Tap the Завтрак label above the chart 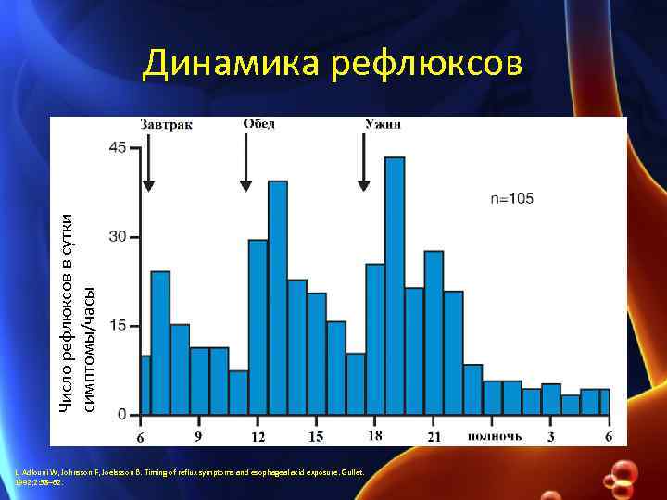pyautogui.click(x=167, y=125)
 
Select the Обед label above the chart pyautogui.click(x=259, y=124)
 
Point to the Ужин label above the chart pyautogui.click(x=383, y=124)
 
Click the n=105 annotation pyautogui.click(x=512, y=198)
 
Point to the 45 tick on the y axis pyautogui.click(x=119, y=147)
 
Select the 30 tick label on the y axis pyautogui.click(x=119, y=237)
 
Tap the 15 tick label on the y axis pyautogui.click(x=119, y=326)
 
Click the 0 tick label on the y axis pyautogui.click(x=122, y=415)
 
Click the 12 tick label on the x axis pyautogui.click(x=258, y=435)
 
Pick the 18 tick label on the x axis pyautogui.click(x=375, y=435)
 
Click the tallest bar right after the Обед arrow pyautogui.click(x=278, y=296)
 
